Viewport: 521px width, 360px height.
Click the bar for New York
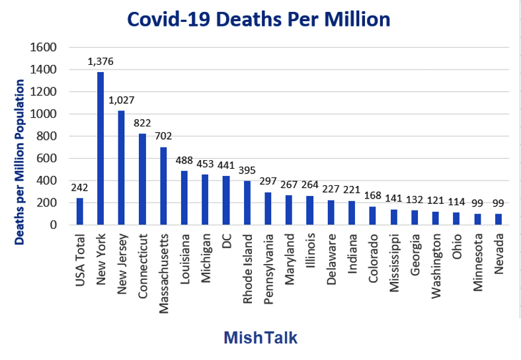point(100,148)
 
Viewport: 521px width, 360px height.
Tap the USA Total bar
point(80,211)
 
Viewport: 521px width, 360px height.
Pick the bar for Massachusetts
point(163,186)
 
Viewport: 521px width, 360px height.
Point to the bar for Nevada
point(498,219)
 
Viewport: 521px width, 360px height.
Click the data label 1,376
point(100,62)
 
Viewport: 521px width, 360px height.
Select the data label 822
point(142,124)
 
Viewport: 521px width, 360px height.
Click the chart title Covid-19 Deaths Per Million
point(259,20)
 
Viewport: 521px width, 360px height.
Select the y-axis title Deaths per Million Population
point(20,162)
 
